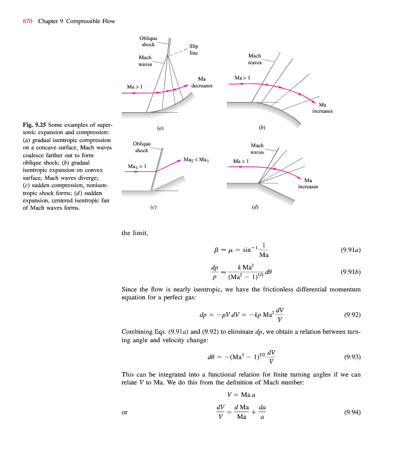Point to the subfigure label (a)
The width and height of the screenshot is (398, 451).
(x=160, y=128)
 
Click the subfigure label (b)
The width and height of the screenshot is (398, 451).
(x=261, y=128)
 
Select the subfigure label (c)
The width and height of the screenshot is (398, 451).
(x=153, y=207)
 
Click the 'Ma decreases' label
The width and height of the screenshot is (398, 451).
(x=202, y=82)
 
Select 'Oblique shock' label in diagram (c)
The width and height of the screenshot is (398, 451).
(x=142, y=147)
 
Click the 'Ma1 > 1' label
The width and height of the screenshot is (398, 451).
(x=137, y=166)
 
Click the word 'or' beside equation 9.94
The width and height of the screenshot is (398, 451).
(x=125, y=413)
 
